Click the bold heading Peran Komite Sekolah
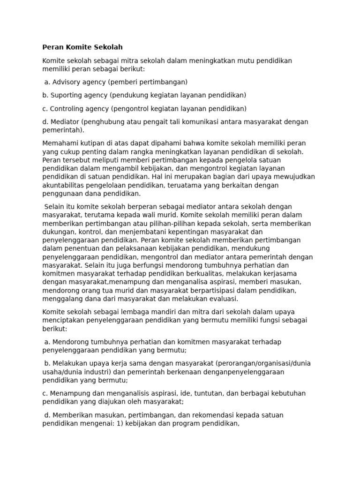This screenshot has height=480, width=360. (x=82, y=47)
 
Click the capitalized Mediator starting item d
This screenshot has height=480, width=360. (x=65, y=122)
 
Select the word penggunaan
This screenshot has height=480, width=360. (x=63, y=194)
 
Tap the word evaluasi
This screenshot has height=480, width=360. (x=222, y=300)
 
